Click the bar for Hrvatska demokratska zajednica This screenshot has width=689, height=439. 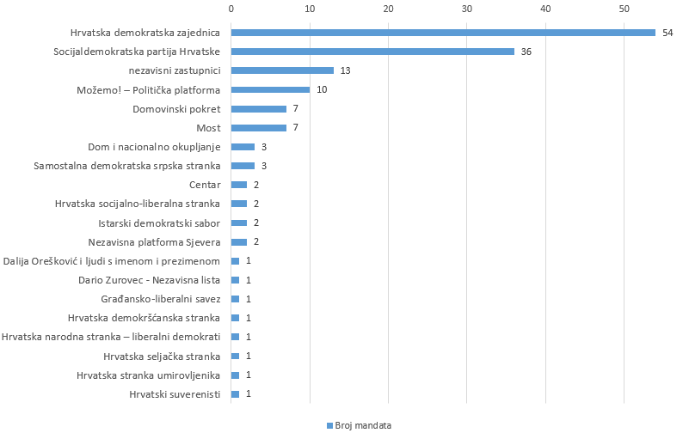tap(443, 33)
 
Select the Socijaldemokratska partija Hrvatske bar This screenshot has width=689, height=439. tap(372, 52)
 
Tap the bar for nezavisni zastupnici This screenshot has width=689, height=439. tap(282, 70)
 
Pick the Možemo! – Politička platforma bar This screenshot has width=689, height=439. tap(270, 89)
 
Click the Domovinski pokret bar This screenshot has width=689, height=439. tap(258, 109)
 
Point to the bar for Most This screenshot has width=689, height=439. tap(258, 128)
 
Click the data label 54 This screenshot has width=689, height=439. tap(667, 33)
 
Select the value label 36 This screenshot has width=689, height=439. tap(526, 52)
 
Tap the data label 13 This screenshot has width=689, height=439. tap(345, 70)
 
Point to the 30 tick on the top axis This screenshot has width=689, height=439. tap(466, 9)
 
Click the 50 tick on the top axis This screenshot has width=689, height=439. tap(624, 9)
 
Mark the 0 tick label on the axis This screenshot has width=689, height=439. tap(231, 9)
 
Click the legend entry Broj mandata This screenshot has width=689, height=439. tap(359, 425)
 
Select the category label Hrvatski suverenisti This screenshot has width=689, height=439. tap(175, 394)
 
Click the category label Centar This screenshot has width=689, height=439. tap(205, 185)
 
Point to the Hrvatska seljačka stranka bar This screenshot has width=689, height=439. tap(235, 356)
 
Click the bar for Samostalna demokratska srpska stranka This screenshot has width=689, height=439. tap(243, 166)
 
